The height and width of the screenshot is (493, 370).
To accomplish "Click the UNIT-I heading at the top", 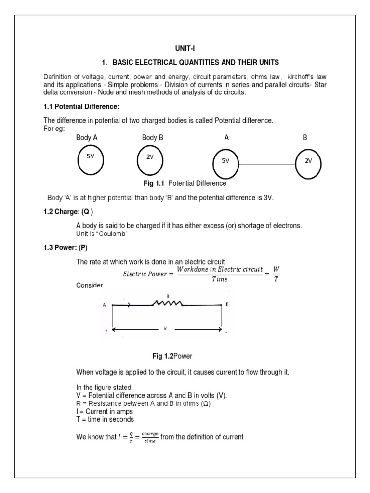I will coord(185,49).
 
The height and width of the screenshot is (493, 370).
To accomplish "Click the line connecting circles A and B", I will coord(267,164).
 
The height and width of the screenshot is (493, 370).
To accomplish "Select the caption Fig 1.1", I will coord(154,183).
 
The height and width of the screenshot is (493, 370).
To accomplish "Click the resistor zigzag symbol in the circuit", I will coord(168,304).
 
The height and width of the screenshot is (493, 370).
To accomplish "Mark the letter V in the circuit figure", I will coord(165,329).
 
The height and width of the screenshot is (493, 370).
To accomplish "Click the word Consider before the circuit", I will coord(90,285).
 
